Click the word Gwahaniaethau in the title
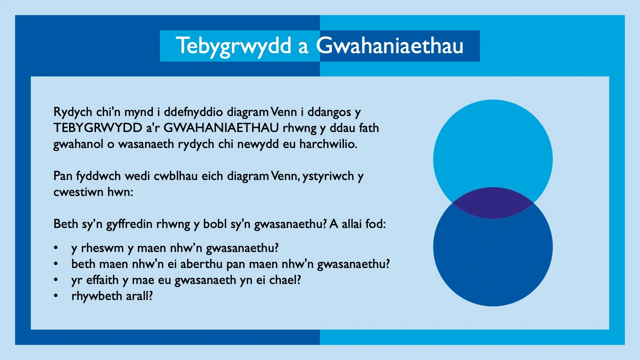390,46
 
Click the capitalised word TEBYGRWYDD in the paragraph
98,128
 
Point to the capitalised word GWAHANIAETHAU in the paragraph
221,128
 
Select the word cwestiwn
78,192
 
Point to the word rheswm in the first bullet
102,248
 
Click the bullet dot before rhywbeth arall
56,296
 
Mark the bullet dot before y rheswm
56,248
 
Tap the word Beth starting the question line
66,224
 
